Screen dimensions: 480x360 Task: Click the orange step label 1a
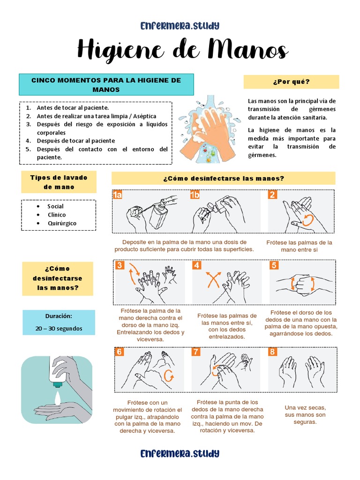pyautogui.click(x=118, y=195)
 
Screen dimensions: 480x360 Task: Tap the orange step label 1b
pyautogui.click(x=195, y=195)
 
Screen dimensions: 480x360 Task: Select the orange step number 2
pyautogui.click(x=273, y=195)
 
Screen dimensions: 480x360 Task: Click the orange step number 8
pyautogui.click(x=273, y=352)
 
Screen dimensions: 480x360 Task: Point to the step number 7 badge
pyautogui.click(x=196, y=352)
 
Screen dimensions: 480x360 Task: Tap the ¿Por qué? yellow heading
pyautogui.click(x=291, y=82)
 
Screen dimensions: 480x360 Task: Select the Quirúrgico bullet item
pyautogui.click(x=62, y=223)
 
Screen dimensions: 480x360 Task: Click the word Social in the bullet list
pyautogui.click(x=55, y=206)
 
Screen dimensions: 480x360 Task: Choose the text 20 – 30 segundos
pyautogui.click(x=59, y=328)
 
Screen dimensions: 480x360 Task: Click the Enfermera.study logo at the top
pyautogui.click(x=180, y=25)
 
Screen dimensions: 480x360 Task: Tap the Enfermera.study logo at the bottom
pyautogui.click(x=180, y=453)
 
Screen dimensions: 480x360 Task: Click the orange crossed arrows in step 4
pyautogui.click(x=214, y=281)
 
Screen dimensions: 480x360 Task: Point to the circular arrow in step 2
pyautogui.click(x=307, y=220)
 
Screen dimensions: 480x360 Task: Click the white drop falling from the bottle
pyautogui.click(x=57, y=397)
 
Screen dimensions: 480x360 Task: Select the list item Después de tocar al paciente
pyautogui.click(x=75, y=141)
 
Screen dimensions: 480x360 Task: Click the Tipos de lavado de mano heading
pyautogui.click(x=59, y=182)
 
